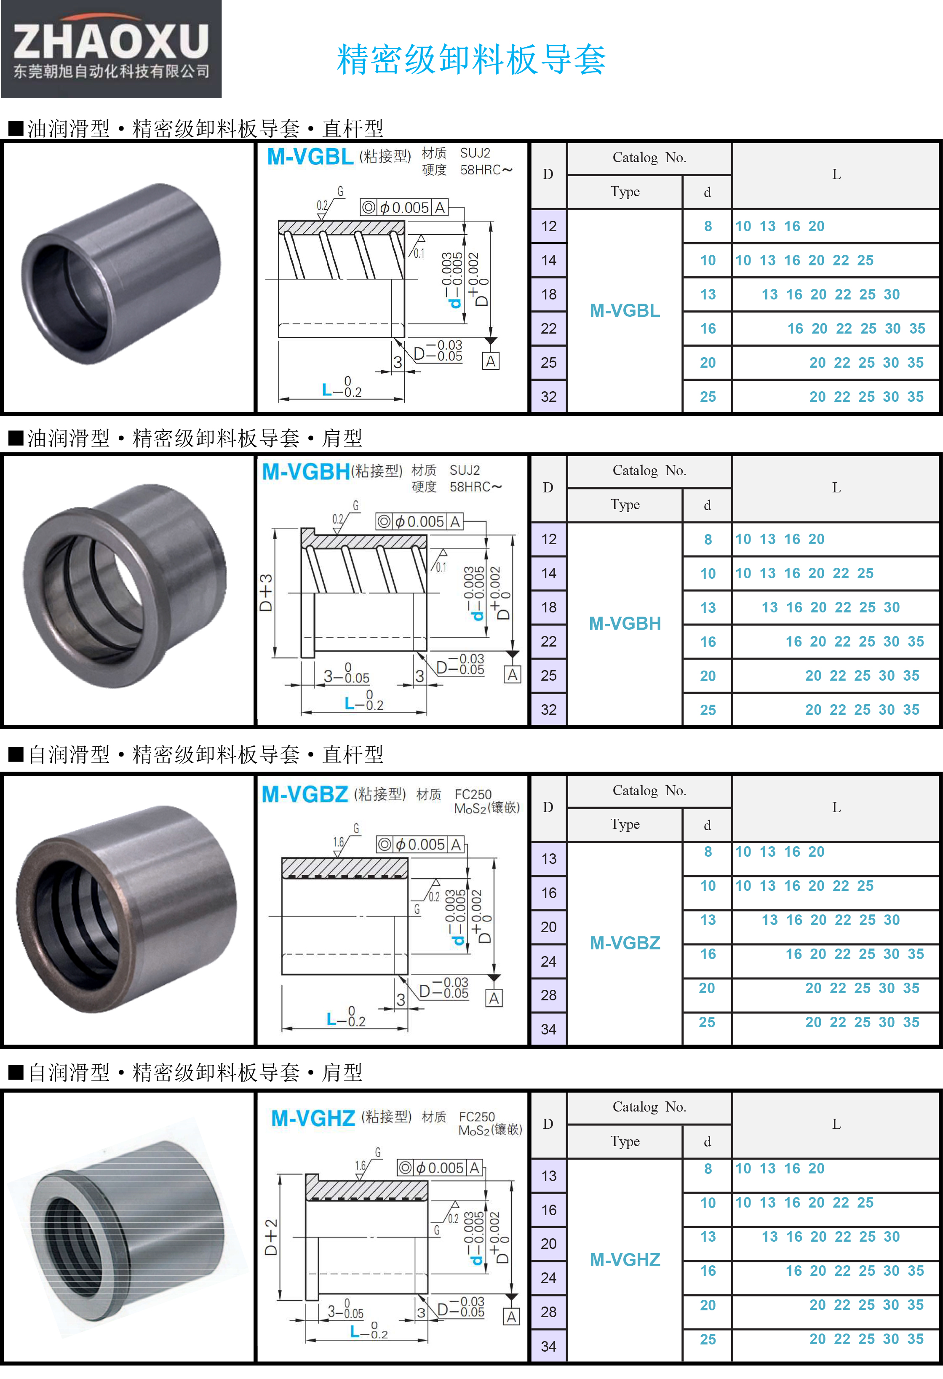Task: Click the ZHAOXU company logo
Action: point(111,49)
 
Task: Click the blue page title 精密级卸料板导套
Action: point(471,59)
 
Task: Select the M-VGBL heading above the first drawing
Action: point(310,157)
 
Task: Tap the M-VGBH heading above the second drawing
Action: point(306,472)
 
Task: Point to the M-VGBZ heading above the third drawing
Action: point(305,794)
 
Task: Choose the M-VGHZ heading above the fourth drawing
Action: point(313,1119)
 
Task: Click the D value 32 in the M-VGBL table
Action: point(549,396)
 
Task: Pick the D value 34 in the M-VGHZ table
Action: point(549,1347)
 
